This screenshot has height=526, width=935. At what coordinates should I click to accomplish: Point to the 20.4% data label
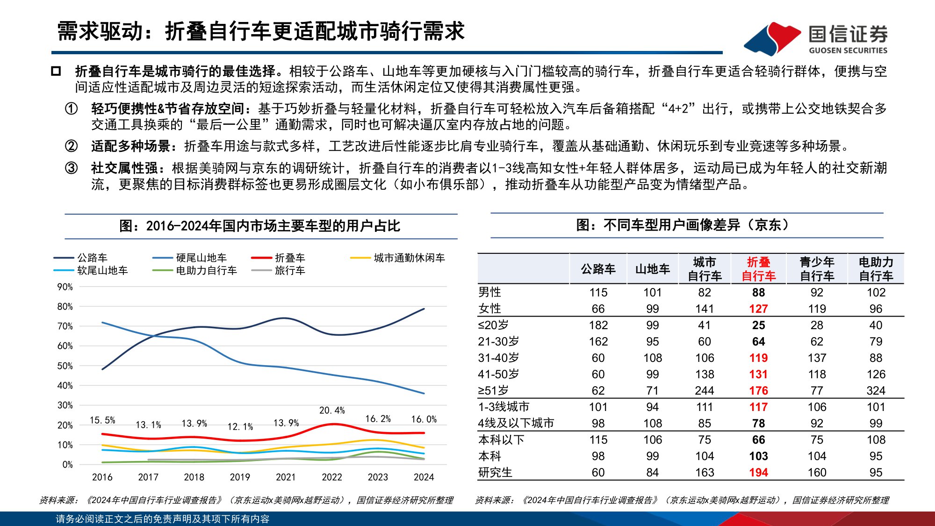click(332, 410)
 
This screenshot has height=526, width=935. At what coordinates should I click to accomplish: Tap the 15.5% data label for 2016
click(102, 420)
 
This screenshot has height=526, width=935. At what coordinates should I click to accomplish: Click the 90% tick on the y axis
click(65, 287)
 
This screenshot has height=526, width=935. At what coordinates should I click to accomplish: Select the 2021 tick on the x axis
click(286, 477)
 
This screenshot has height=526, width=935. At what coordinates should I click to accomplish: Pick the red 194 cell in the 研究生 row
click(758, 472)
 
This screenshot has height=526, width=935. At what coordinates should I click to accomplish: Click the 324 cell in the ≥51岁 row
click(876, 390)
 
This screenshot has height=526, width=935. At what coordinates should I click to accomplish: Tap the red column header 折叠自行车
click(758, 269)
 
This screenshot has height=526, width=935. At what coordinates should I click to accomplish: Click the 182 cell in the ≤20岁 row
click(598, 325)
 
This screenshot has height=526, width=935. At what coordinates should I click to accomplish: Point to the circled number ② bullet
click(71, 146)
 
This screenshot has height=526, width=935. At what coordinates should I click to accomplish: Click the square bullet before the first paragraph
click(56, 72)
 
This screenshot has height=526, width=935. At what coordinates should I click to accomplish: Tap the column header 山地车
click(652, 269)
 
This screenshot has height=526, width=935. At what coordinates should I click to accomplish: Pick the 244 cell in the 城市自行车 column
click(704, 390)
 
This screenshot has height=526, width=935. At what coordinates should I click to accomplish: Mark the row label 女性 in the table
click(489, 309)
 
